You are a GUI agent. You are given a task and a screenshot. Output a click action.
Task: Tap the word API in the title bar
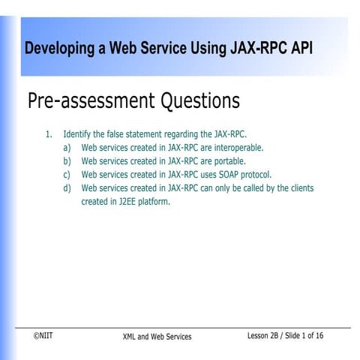click(x=301, y=49)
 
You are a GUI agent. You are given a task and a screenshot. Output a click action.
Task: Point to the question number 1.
click(x=48, y=134)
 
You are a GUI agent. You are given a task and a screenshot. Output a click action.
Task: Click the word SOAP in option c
click(x=224, y=175)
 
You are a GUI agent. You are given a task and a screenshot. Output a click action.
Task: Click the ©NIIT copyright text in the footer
click(x=43, y=335)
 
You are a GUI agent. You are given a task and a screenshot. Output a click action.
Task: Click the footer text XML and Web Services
click(x=157, y=337)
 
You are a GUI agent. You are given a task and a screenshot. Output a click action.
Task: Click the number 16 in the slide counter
click(x=319, y=335)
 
